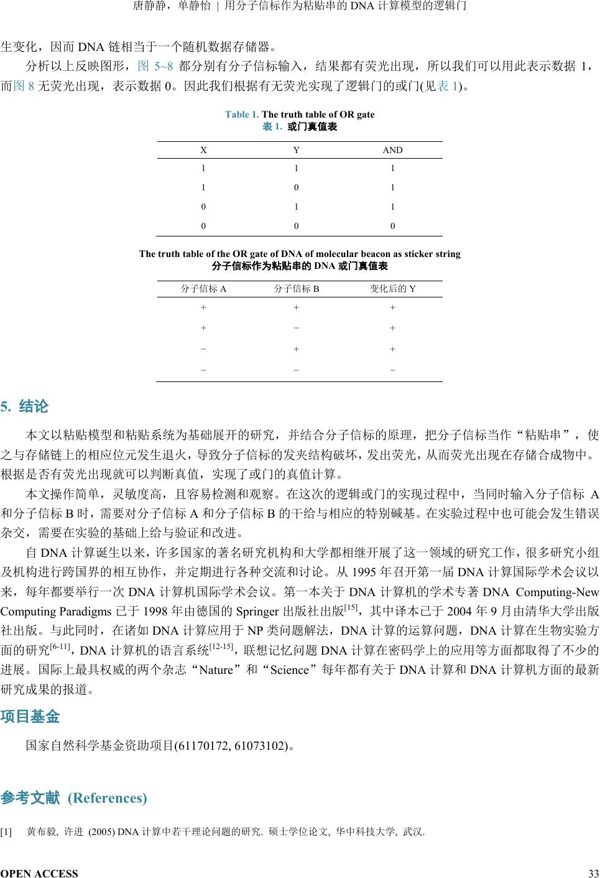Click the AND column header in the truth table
[x=392, y=150]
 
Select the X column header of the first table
[x=203, y=150]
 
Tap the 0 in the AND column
[x=392, y=227]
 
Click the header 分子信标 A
[x=203, y=289]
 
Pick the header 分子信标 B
[x=297, y=289]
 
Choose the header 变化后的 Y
[x=392, y=289]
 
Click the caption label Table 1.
[x=242, y=114]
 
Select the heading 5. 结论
[x=24, y=408]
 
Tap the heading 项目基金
[x=30, y=717]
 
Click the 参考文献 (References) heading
[x=74, y=798]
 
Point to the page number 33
[x=593, y=874]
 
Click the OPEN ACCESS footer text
[x=39, y=874]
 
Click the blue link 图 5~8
[x=154, y=65]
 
